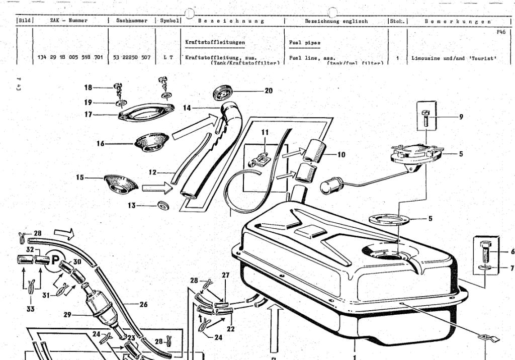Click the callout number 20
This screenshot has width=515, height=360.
click(269, 91)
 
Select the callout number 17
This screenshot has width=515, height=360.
click(89, 114)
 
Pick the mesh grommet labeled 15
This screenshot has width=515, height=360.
click(121, 183)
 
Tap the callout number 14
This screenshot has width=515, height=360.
click(187, 108)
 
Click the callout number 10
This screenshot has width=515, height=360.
click(341, 155)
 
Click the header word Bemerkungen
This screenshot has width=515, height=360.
click(458, 21)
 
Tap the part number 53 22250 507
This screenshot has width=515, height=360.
click(131, 58)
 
